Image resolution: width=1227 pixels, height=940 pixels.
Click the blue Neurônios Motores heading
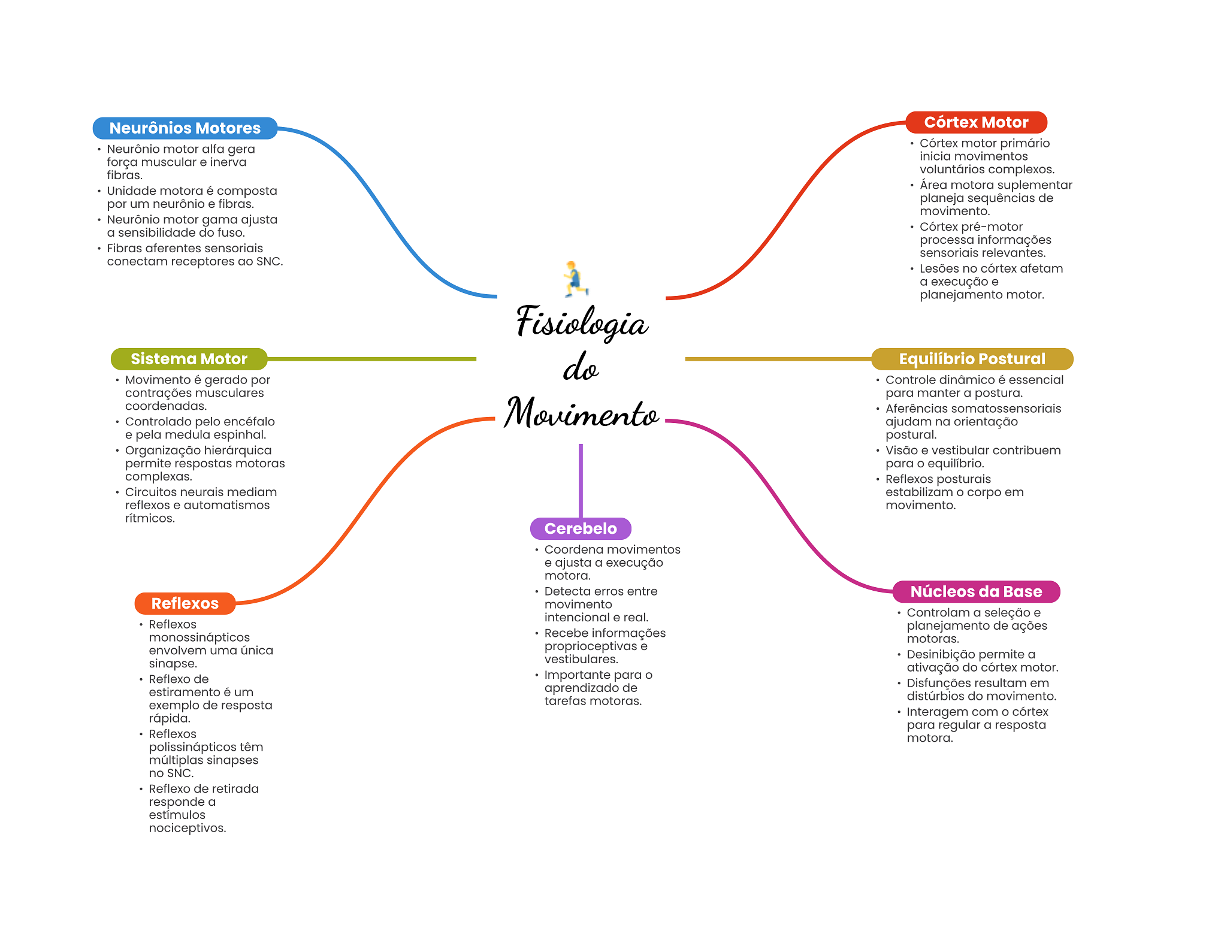click(185, 128)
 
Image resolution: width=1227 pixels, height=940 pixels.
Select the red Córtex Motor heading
click(976, 122)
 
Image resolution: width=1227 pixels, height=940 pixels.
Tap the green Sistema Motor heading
click(189, 359)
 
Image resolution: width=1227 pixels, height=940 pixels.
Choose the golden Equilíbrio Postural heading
click(972, 359)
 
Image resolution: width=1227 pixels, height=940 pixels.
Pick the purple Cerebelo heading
click(581, 528)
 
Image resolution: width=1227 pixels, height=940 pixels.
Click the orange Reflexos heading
click(185, 603)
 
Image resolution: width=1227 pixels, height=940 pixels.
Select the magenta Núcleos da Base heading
click(976, 592)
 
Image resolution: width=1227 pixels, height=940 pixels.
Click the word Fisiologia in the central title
click(581, 322)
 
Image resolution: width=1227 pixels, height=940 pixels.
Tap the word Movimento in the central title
click(581, 413)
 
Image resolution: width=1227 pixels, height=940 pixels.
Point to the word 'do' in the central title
click(581, 368)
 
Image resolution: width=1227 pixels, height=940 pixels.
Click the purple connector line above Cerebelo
click(581, 479)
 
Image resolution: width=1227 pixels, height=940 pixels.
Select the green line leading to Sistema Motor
click(371, 359)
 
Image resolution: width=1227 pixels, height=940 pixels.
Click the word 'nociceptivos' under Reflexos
click(187, 828)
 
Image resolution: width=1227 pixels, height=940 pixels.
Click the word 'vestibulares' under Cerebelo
click(580, 659)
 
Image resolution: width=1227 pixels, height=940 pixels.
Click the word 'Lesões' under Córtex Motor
click(938, 268)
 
